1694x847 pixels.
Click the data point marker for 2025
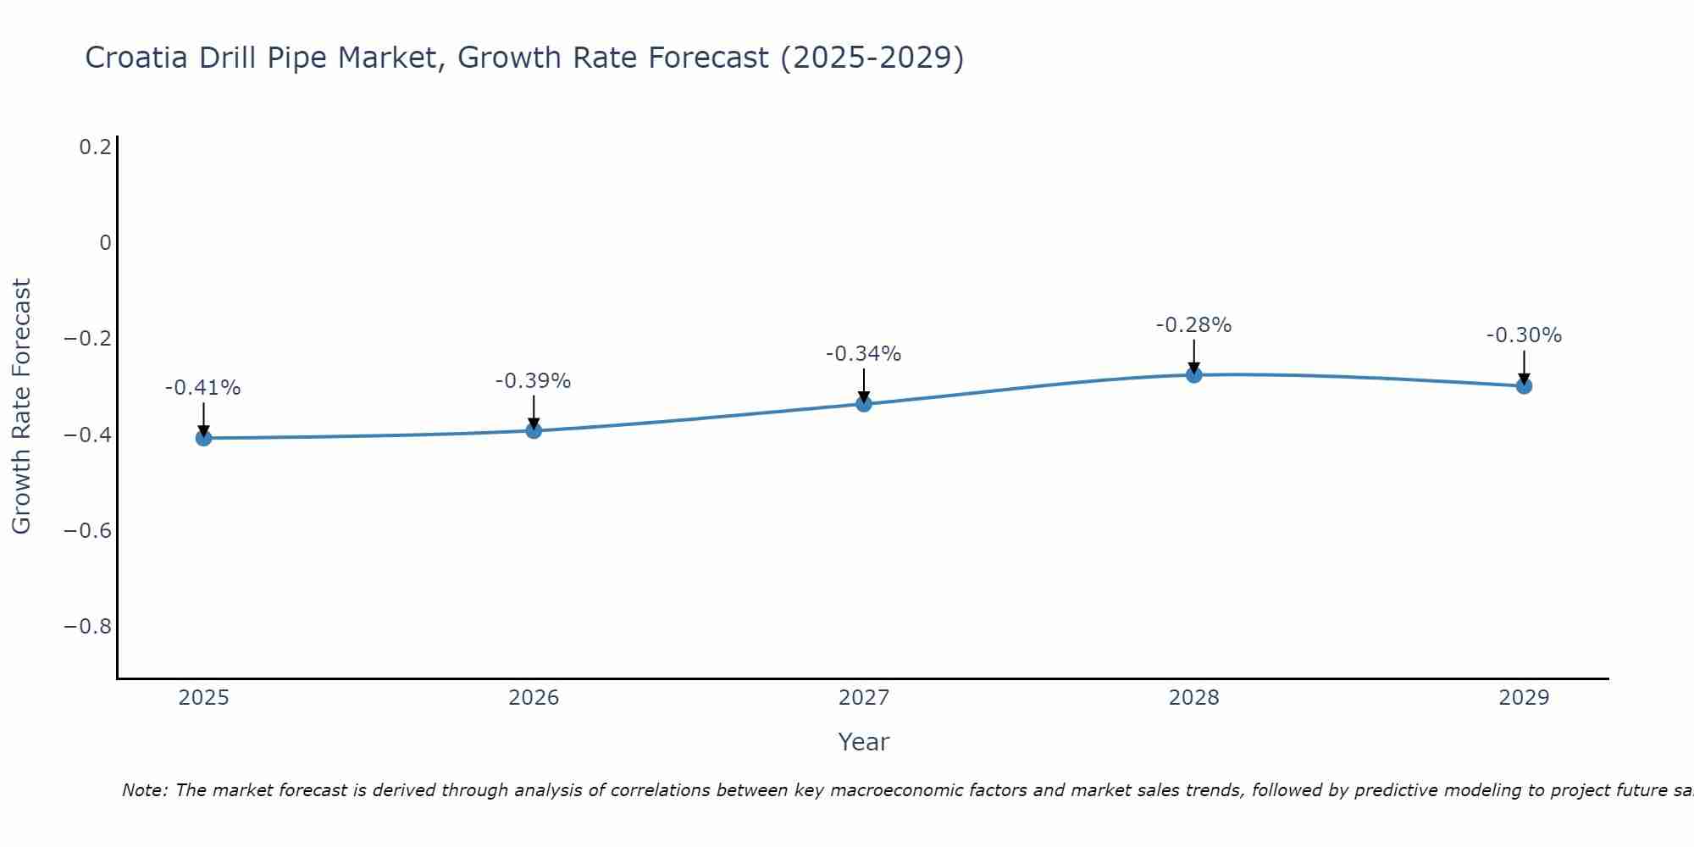click(x=203, y=438)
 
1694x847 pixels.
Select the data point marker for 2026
click(x=534, y=430)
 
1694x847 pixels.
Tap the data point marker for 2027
click(x=864, y=404)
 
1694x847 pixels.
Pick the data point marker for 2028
click(x=1194, y=374)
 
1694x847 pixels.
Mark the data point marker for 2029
click(x=1524, y=385)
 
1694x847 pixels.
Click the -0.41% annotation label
click(x=203, y=388)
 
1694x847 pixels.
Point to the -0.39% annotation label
click(x=534, y=381)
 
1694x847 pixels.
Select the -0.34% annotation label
click(x=864, y=354)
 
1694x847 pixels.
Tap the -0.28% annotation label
click(x=1194, y=325)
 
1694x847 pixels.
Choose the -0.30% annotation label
click(x=1524, y=335)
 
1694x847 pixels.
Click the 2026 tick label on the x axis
click(x=534, y=698)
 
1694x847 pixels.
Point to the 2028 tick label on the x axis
click(x=1194, y=698)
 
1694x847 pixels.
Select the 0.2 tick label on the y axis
click(x=96, y=147)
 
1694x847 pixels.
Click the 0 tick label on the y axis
click(x=106, y=243)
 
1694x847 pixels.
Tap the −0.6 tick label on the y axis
click(x=88, y=530)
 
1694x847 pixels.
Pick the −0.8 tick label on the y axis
click(x=88, y=627)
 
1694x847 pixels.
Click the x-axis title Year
click(x=864, y=742)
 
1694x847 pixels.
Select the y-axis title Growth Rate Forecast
click(x=21, y=407)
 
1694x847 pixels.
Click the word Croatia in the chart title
click(x=137, y=58)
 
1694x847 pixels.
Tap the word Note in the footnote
click(x=144, y=790)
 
